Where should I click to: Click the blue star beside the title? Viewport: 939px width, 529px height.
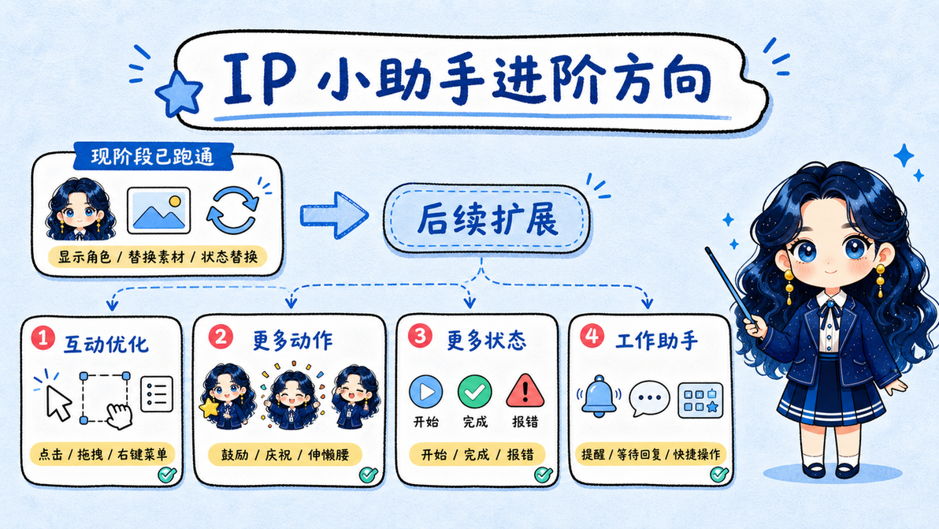pos(179,93)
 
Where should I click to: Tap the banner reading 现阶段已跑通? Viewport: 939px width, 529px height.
pos(153,157)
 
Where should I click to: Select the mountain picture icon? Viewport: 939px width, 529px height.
pos(158,210)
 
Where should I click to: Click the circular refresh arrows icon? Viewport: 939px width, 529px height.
pos(233,210)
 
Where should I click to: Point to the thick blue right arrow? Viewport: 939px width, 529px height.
pos(334,214)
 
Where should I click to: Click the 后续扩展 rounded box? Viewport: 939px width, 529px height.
pos(486,218)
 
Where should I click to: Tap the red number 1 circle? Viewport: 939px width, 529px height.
pos(43,338)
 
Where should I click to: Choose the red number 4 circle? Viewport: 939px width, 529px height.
pos(592,336)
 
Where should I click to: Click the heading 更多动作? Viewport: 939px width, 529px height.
pos(292,341)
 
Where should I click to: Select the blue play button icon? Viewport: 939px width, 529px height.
pos(426,392)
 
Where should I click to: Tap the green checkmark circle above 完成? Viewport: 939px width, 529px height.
pos(475,392)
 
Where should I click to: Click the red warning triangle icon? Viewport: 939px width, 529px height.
pos(525,391)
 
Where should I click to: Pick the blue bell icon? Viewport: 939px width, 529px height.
pos(599,396)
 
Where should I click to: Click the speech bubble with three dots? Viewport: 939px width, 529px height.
pos(649,398)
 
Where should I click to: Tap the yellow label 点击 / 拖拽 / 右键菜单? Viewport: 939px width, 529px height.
pos(102,454)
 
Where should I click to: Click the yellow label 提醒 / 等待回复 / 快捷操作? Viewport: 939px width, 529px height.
pos(651,454)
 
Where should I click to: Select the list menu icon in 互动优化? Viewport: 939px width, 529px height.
pos(157,393)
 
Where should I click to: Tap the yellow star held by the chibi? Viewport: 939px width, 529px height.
pos(209,408)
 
